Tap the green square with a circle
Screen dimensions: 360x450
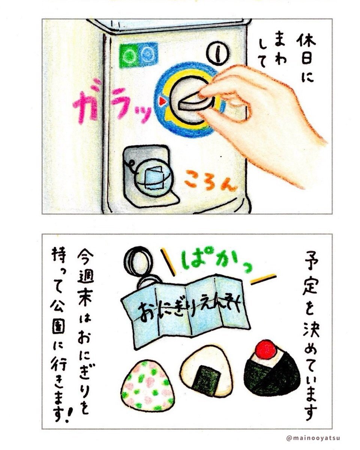pyautogui.click(x=129, y=55)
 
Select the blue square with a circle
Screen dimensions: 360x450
pyautogui.click(x=148, y=53)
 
